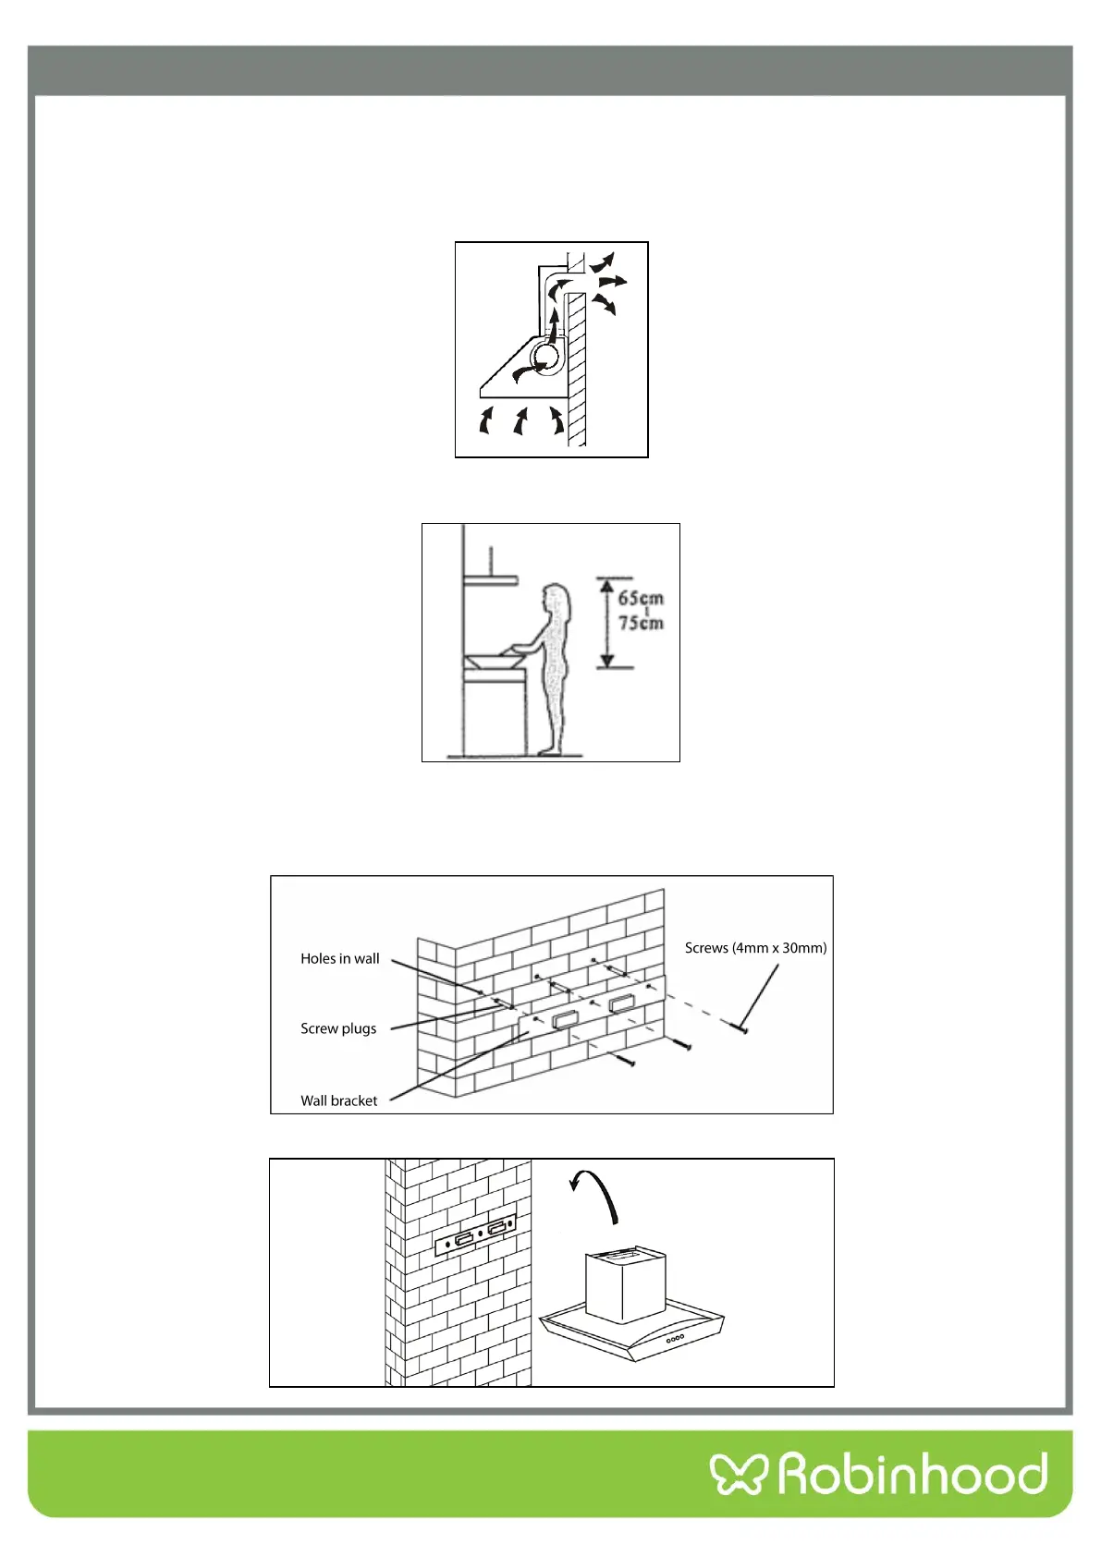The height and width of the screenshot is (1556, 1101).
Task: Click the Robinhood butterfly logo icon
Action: [739, 1473]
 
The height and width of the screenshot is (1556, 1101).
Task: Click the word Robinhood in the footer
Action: [913, 1473]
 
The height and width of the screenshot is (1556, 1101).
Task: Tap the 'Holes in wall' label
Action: [339, 958]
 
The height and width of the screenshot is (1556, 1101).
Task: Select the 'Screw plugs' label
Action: [338, 1028]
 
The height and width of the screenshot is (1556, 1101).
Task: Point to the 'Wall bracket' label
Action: [338, 1100]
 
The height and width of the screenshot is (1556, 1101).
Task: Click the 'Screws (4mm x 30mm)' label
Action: [755, 947]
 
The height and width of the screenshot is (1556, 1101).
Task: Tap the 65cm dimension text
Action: [641, 598]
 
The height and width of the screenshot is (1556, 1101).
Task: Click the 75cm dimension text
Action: [641, 623]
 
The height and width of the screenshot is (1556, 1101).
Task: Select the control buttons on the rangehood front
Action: [676, 1337]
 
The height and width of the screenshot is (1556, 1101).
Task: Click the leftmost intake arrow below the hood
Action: [485, 421]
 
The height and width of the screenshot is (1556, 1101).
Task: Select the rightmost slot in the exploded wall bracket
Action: [621, 1003]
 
